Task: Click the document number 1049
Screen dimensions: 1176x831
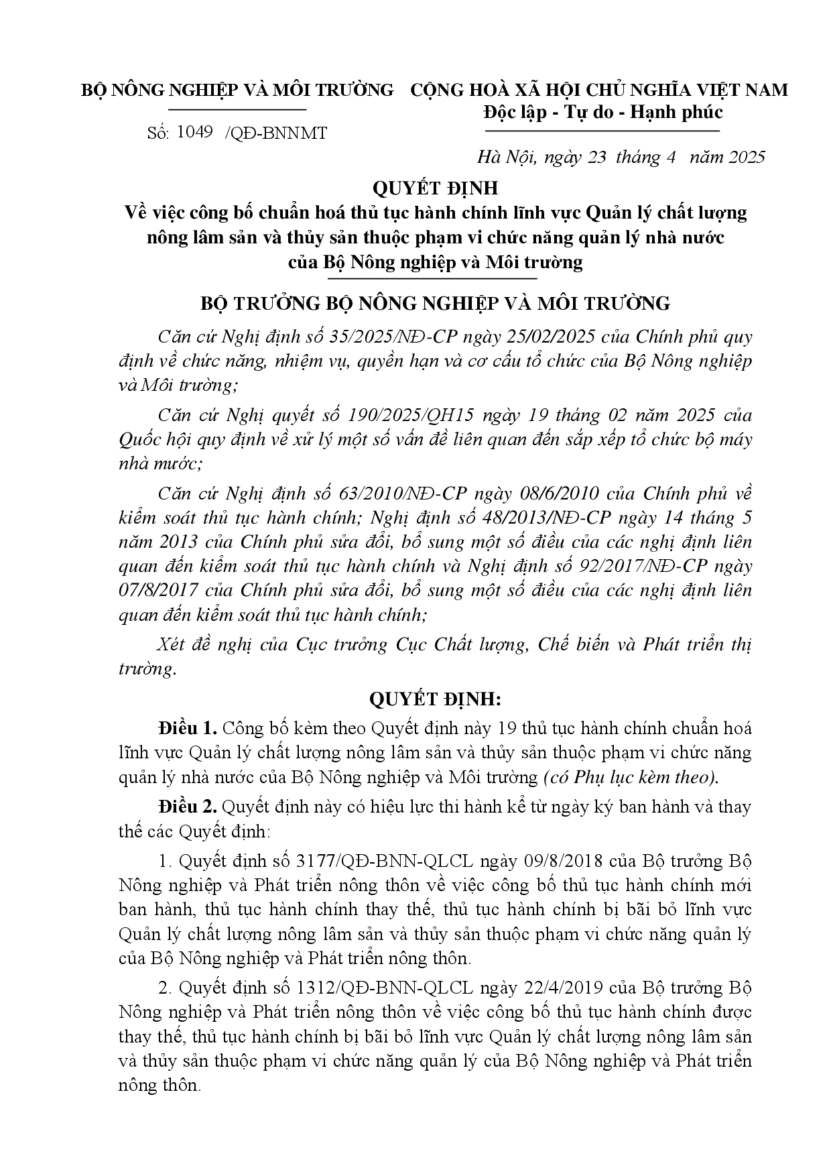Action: (x=195, y=133)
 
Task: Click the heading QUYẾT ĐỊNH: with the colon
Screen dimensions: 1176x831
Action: (x=435, y=699)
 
